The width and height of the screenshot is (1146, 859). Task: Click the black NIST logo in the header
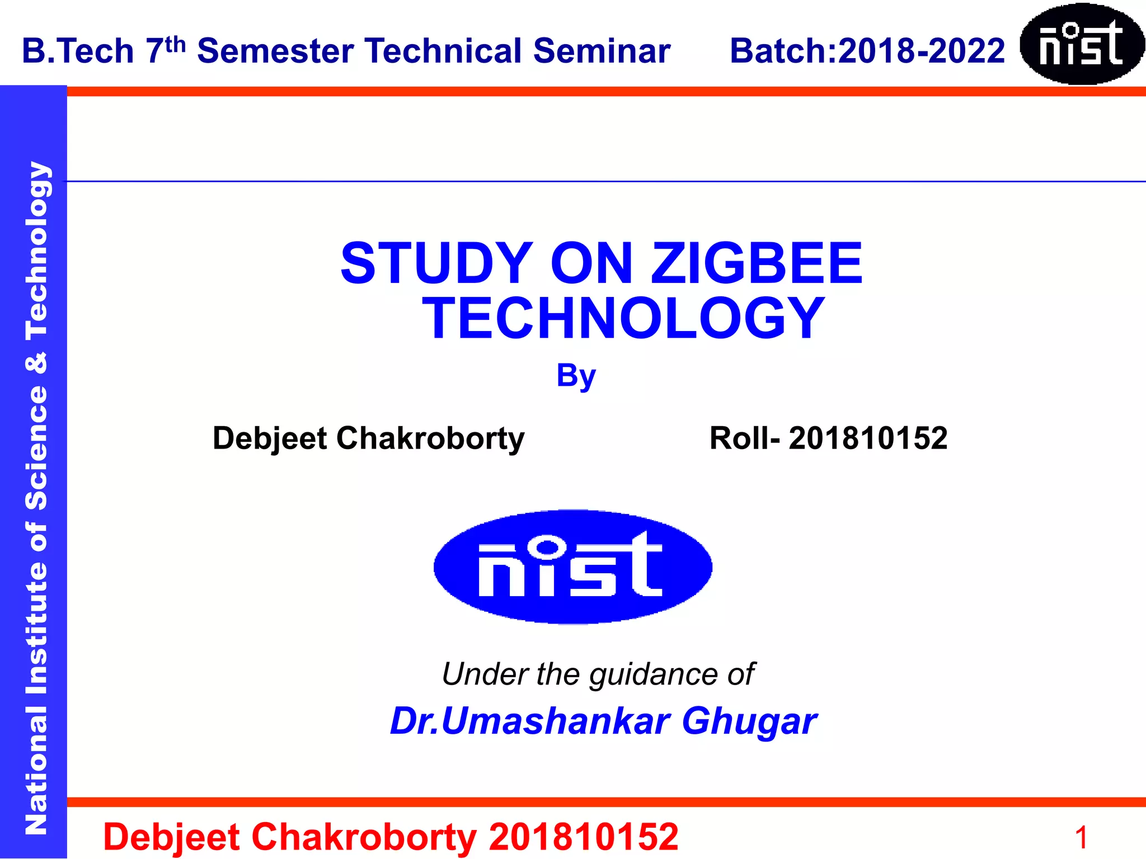[1081, 44]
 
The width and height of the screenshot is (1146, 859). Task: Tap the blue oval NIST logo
[572, 567]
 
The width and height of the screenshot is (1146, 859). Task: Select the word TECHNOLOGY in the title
[623, 318]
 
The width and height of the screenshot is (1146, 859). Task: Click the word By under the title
[576, 376]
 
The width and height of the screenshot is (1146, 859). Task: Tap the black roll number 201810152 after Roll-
[868, 438]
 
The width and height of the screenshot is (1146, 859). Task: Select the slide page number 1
[1081, 838]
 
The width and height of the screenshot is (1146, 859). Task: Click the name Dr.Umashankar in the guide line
[529, 721]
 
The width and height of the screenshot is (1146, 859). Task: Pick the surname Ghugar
[749, 722]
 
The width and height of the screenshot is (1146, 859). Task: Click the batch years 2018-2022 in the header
[922, 51]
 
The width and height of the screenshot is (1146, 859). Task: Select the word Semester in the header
[276, 51]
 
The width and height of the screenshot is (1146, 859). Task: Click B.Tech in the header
[78, 51]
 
